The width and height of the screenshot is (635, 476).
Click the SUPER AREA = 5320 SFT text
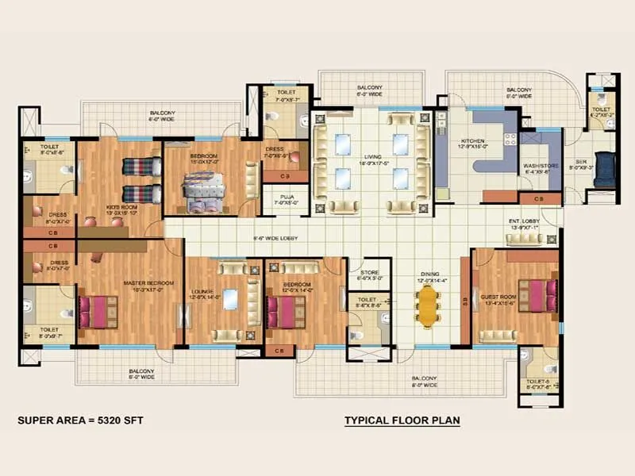coord(80,420)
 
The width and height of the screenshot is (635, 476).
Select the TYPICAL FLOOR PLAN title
coord(402,420)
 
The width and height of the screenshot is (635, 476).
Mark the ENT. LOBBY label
coord(525,224)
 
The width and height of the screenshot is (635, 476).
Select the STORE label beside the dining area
coord(371,274)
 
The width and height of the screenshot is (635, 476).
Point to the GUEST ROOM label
coord(498,299)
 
